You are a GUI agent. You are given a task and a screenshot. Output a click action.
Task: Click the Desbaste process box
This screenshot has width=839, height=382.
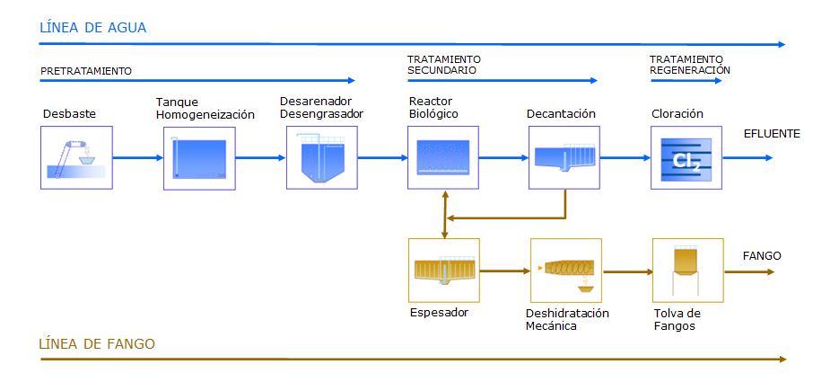76,157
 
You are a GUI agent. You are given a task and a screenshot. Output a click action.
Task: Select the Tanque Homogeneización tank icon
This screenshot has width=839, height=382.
199,158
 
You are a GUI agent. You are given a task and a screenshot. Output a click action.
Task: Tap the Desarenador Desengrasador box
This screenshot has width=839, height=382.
321,157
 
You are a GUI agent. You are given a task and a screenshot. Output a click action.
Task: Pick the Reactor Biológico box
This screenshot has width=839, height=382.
443,157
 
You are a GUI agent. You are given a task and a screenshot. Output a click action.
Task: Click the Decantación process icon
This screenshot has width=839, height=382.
564,156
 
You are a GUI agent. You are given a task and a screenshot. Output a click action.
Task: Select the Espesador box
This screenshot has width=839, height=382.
444,270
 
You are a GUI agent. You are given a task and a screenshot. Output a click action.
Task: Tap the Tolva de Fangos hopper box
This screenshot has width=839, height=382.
688,270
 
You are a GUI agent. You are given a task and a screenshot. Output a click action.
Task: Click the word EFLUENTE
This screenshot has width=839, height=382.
772,134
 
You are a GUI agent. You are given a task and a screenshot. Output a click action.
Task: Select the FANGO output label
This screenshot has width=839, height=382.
762,256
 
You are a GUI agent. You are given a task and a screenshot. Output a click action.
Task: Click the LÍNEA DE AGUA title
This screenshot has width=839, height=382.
93,28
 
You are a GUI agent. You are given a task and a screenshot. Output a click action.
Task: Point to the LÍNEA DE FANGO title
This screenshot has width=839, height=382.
97,343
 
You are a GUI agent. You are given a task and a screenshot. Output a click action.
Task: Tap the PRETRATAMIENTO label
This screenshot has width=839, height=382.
86,71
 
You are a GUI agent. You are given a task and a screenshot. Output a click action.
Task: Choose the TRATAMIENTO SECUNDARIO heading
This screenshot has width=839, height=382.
444,64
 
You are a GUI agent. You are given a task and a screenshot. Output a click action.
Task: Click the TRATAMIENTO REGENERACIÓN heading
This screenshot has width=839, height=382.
690,64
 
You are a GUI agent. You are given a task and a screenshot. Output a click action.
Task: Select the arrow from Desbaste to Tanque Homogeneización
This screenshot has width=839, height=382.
138,157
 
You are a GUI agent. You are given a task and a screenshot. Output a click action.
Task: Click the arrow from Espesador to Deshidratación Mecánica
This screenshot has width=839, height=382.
505,271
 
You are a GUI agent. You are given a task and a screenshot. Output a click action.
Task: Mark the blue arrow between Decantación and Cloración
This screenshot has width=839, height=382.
625,157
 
